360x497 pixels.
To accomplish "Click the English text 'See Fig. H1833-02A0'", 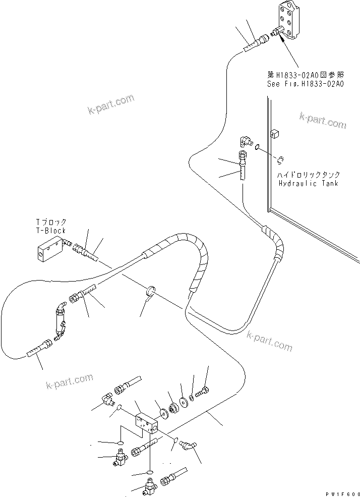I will [306, 84].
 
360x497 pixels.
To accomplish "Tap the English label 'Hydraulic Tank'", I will [309, 184].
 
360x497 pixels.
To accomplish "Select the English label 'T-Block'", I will [51, 231].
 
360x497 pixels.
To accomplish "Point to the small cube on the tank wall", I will [275, 133].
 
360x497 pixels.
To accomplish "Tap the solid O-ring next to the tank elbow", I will [258, 147].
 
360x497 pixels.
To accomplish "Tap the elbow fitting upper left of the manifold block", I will [109, 399].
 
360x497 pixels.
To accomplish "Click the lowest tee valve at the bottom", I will [150, 485].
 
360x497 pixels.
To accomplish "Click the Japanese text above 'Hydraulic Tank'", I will [309, 175].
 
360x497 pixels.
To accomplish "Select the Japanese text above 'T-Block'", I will [51, 222].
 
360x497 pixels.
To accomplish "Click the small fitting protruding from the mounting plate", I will [277, 32].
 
